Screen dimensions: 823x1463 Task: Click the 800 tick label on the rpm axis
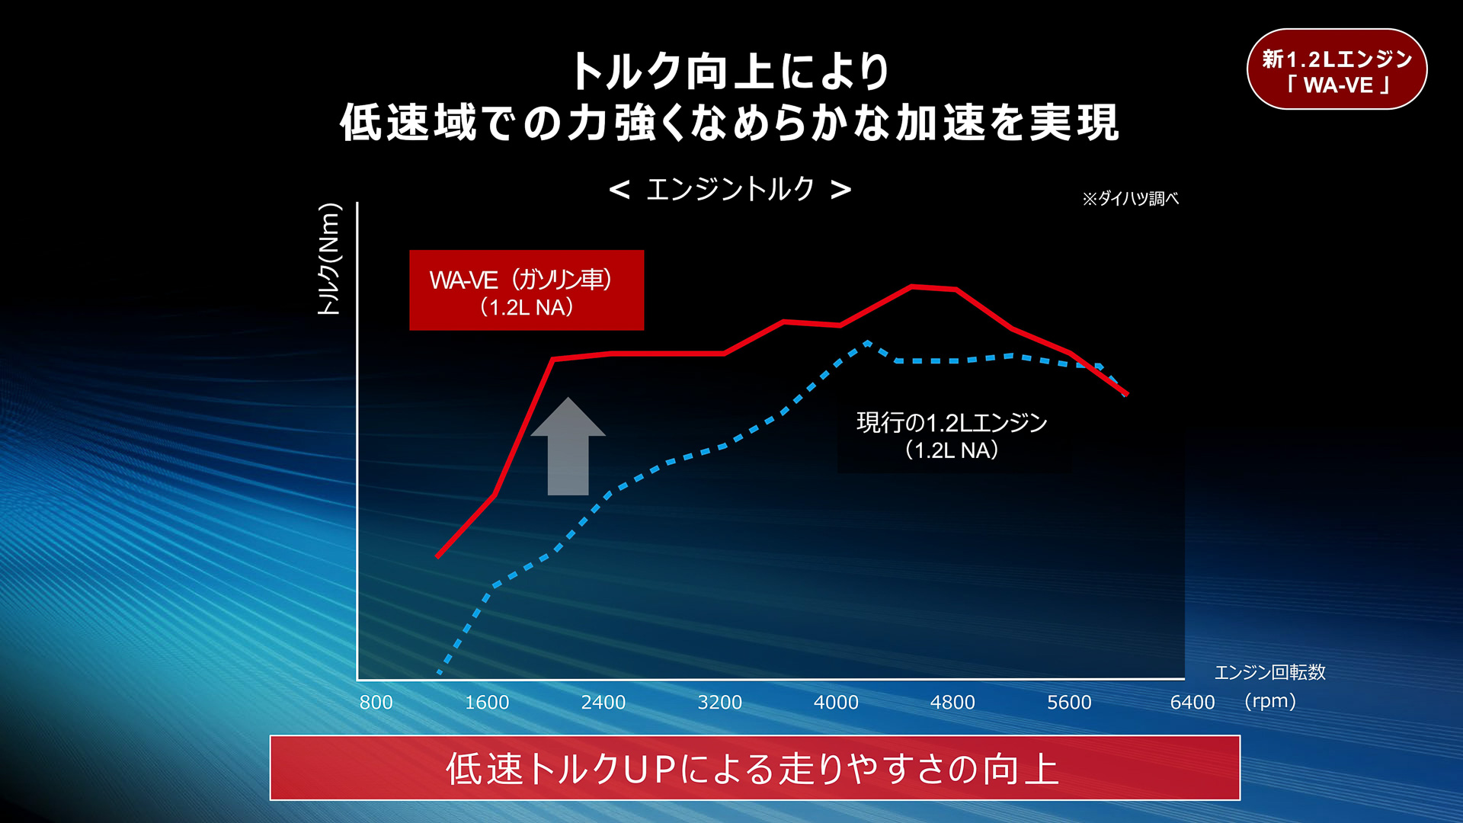(376, 702)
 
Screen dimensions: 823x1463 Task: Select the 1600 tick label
(487, 702)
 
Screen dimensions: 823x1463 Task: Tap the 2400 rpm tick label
(603, 702)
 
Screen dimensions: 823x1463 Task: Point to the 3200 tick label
(720, 702)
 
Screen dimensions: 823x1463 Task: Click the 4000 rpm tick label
(836, 702)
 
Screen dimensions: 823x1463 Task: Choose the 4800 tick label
(952, 702)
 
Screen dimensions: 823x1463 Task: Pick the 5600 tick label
(1069, 702)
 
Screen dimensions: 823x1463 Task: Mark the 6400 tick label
(1192, 702)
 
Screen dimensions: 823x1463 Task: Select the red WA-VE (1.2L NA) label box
(527, 290)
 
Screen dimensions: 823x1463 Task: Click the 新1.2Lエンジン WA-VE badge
(1337, 70)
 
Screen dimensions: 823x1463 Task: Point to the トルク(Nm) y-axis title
(329, 259)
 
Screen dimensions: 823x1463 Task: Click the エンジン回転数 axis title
(1270, 672)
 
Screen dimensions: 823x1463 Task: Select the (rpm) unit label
(1270, 700)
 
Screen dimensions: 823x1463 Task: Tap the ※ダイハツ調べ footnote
(1130, 199)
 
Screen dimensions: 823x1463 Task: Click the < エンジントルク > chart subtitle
(730, 189)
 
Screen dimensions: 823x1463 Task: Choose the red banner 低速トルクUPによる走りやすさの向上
(754, 768)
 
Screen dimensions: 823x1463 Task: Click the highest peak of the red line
(912, 287)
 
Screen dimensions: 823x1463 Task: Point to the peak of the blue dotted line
(868, 343)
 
